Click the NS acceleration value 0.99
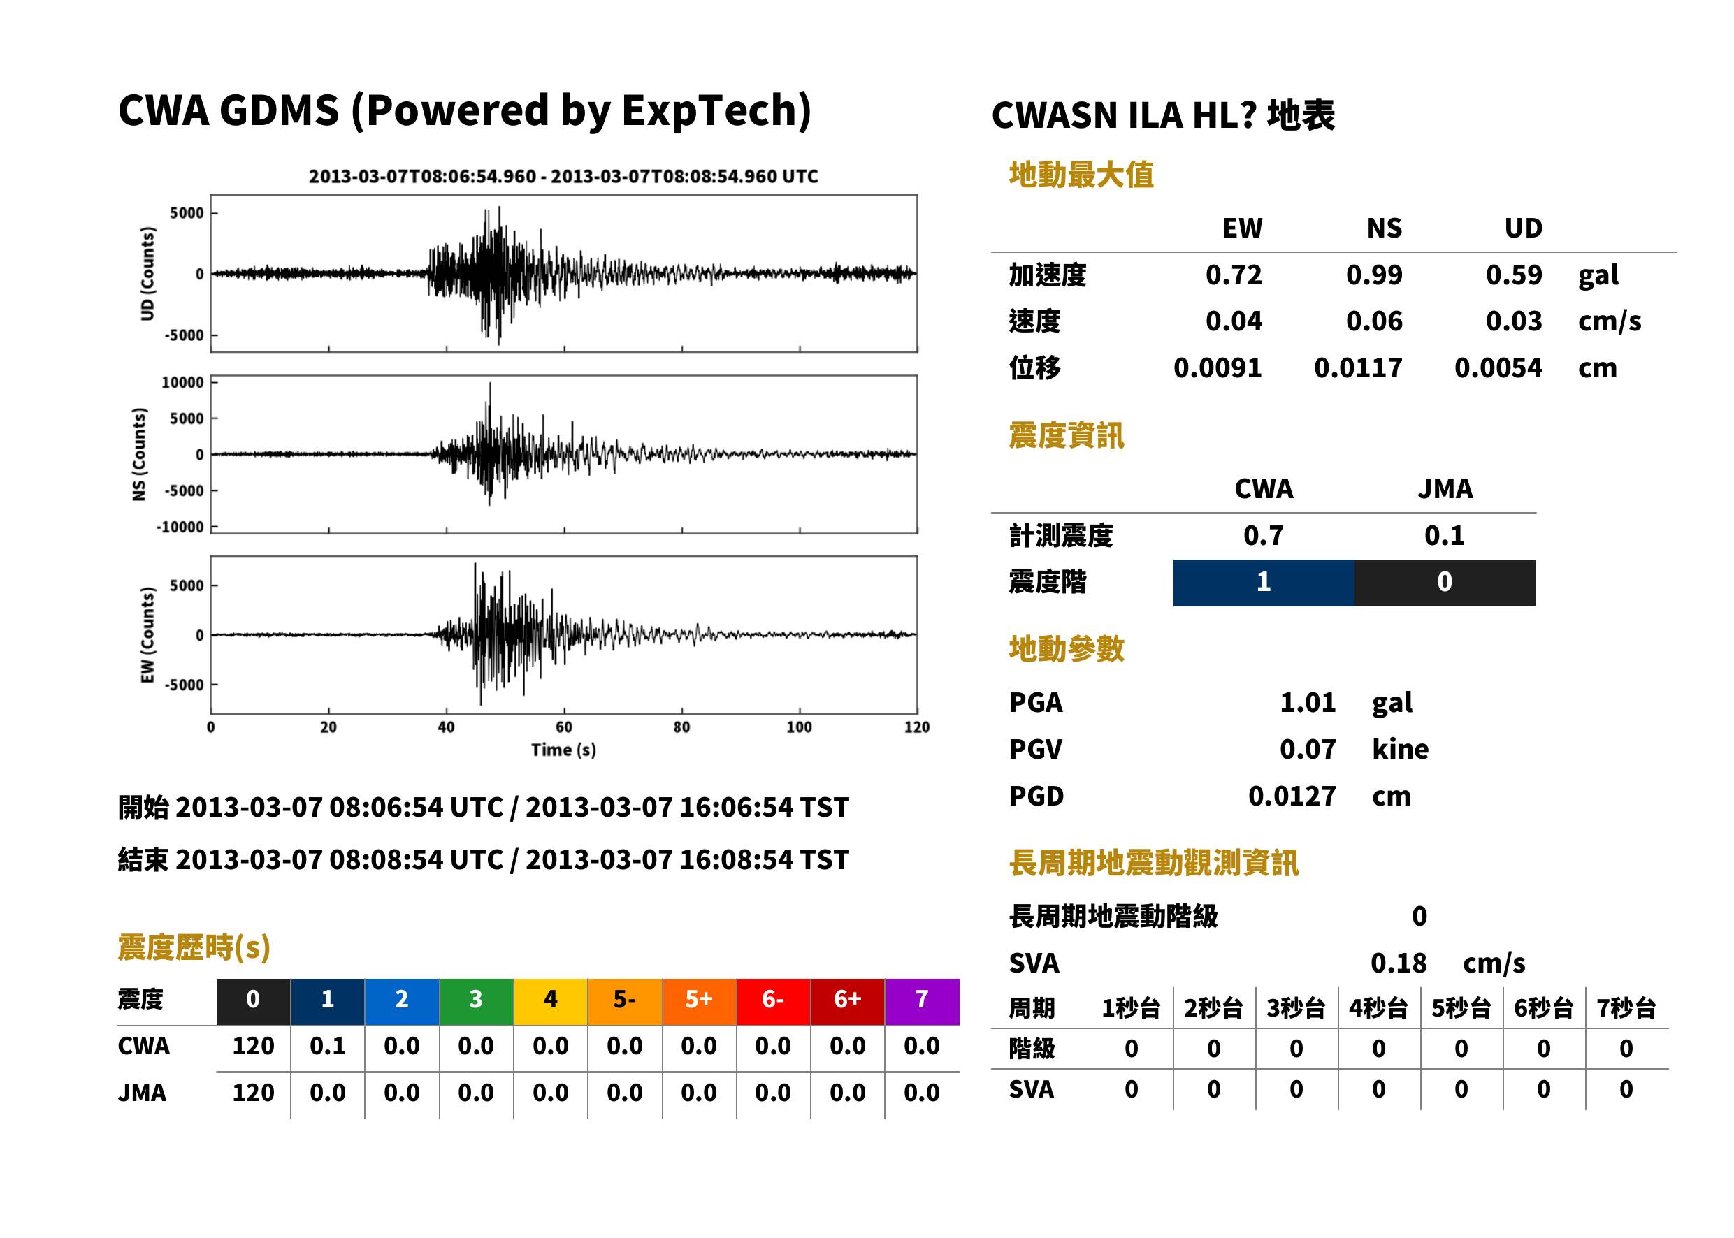click(1374, 275)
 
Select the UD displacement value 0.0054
click(1498, 367)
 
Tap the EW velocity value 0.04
click(1234, 321)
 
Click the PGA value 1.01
click(1308, 702)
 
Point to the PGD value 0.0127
click(1292, 796)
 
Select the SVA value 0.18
click(1399, 963)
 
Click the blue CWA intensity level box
click(1264, 583)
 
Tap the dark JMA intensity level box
click(1445, 583)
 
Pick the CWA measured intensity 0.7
click(1264, 535)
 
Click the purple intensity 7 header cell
click(922, 1001)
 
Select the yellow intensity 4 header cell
click(551, 1001)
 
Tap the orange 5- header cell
click(625, 1001)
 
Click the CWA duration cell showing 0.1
click(328, 1046)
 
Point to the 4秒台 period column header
click(1378, 1007)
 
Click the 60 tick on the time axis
click(563, 727)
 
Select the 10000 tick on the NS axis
click(182, 382)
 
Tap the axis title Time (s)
click(563, 750)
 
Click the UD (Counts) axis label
click(147, 274)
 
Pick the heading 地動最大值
click(1081, 175)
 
